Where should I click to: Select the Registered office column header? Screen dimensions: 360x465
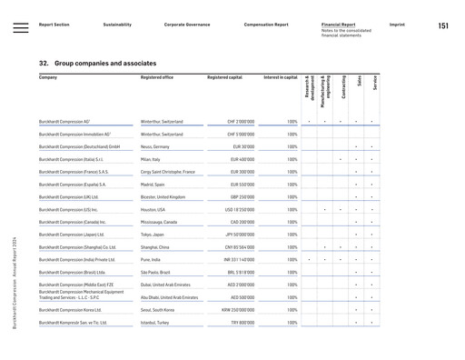(x=163, y=78)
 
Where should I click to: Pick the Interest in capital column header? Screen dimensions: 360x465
(x=279, y=78)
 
